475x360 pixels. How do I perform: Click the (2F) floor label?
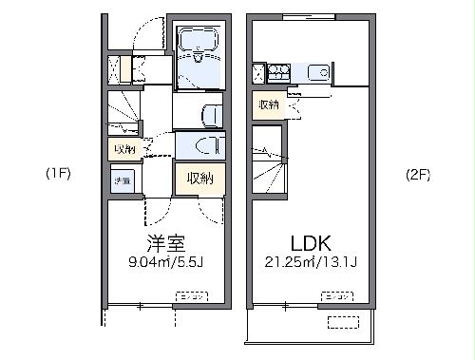(418, 175)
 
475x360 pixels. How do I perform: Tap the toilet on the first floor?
(211, 115)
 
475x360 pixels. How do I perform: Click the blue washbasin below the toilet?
(201, 146)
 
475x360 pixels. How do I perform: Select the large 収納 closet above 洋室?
(199, 178)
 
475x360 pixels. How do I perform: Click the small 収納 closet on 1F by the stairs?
(124, 149)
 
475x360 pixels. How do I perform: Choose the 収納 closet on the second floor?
(267, 104)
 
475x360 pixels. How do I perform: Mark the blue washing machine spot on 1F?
(123, 180)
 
